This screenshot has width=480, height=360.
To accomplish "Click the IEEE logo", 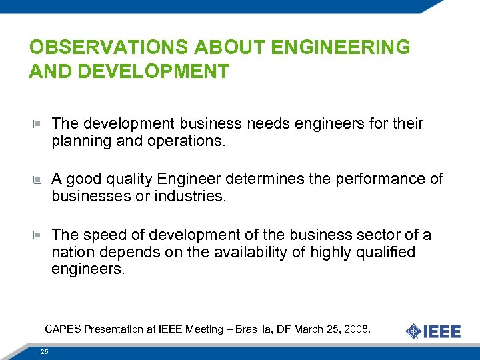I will pyautogui.click(x=433, y=331).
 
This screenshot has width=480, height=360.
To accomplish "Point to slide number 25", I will pyautogui.click(x=44, y=351).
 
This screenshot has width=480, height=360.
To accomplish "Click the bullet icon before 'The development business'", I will pyautogui.click(x=37, y=124).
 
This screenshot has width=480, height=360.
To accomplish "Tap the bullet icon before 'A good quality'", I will pyautogui.click(x=37, y=179).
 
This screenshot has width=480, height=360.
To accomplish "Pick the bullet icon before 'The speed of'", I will pyautogui.click(x=37, y=235).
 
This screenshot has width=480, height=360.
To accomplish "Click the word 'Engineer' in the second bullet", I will pyautogui.click(x=190, y=179).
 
